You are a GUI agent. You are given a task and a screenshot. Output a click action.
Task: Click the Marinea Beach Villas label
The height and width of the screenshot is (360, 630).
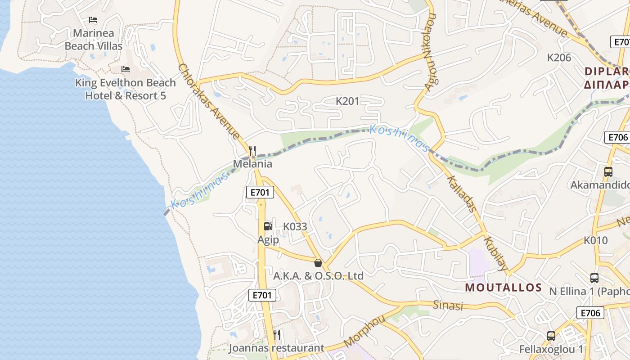pos(94,40)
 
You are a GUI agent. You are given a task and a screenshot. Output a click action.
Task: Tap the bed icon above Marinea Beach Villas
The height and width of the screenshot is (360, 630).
pos(93,20)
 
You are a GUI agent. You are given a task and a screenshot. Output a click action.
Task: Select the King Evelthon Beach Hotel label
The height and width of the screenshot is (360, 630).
pos(126,89)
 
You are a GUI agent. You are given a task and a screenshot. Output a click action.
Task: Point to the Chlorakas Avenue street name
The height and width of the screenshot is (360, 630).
pos(209,101)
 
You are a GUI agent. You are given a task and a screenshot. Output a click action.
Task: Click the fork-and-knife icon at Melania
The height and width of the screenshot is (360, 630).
pos(252,150)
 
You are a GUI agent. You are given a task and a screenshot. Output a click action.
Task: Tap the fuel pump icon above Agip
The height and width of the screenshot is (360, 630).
pos(268,226)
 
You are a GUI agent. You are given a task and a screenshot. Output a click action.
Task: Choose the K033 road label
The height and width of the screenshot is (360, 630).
pos(295,226)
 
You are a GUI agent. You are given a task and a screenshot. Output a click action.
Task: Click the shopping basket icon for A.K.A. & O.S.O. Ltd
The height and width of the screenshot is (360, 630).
pos(318,262)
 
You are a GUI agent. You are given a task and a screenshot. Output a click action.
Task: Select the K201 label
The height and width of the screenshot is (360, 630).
pos(347,101)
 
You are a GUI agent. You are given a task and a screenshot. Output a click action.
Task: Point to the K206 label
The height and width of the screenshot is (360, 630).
pos(559,58)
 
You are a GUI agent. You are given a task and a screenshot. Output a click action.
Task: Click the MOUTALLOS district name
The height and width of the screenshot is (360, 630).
pos(503,288)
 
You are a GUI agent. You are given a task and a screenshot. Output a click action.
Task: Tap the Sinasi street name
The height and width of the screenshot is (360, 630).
pos(448,306)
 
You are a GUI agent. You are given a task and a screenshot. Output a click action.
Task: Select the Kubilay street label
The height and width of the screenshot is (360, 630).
pos(495,252)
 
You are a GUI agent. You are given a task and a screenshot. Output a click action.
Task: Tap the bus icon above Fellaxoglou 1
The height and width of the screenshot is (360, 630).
pos(551,336)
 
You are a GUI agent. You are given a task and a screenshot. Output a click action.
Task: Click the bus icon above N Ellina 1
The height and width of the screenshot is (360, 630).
pos(594,278)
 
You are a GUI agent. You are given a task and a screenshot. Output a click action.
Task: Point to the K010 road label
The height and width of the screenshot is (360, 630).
pos(595,240)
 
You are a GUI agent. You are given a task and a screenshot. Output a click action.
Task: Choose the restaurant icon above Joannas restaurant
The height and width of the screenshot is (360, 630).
pos(277,335)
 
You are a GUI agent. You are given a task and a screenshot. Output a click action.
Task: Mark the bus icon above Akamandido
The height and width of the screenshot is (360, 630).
pos(608,171)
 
